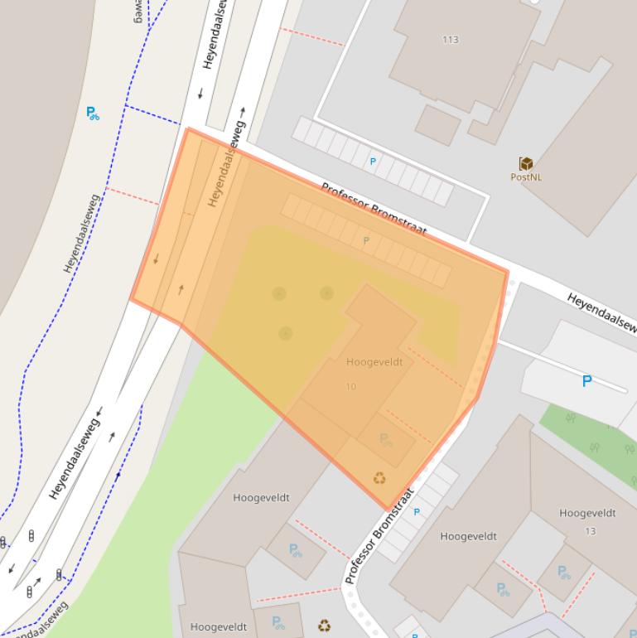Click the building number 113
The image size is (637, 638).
point(451,40)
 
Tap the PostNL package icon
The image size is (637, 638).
point(525,163)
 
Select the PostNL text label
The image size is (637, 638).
point(525,177)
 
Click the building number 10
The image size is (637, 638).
point(351,387)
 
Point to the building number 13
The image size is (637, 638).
point(590,531)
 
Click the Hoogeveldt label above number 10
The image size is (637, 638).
point(374,362)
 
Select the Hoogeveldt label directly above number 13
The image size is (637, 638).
point(587,514)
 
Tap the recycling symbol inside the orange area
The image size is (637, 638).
point(379,478)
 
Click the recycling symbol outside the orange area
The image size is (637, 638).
point(325,626)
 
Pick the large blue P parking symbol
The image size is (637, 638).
point(586,381)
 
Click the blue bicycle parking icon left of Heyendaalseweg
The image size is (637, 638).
point(93,114)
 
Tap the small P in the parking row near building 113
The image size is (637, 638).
point(373,162)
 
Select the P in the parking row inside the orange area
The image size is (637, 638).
point(366,241)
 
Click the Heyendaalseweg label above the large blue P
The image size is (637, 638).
point(600,312)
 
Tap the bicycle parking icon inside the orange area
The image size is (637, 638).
point(386,439)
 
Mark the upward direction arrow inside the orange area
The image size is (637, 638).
point(181,290)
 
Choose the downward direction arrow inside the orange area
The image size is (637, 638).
point(156,260)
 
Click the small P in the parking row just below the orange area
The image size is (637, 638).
point(417,512)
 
